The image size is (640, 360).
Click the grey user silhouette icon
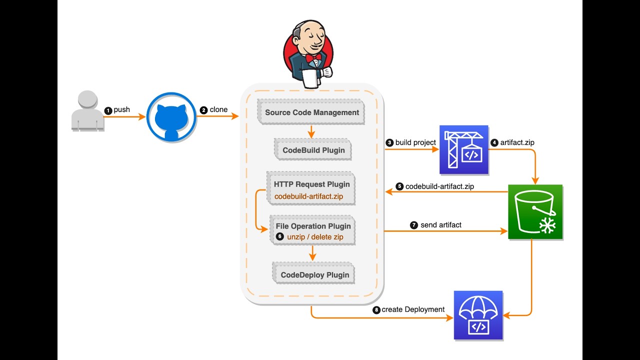tap(88, 111)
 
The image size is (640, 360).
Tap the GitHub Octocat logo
tap(171, 117)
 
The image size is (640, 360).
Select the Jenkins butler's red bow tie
tap(313, 58)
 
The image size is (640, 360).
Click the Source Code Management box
tap(311, 112)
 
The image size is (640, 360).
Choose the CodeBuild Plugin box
tap(313, 150)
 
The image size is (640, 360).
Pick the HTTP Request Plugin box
tap(311, 189)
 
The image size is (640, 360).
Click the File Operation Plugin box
tap(313, 231)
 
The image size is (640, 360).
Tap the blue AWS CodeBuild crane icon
tap(463, 150)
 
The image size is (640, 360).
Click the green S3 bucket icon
tap(535, 212)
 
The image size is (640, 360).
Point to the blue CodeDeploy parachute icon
tap(478, 315)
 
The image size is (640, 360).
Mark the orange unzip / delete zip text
tap(315, 236)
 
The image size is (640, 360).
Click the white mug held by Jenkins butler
tap(310, 77)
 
